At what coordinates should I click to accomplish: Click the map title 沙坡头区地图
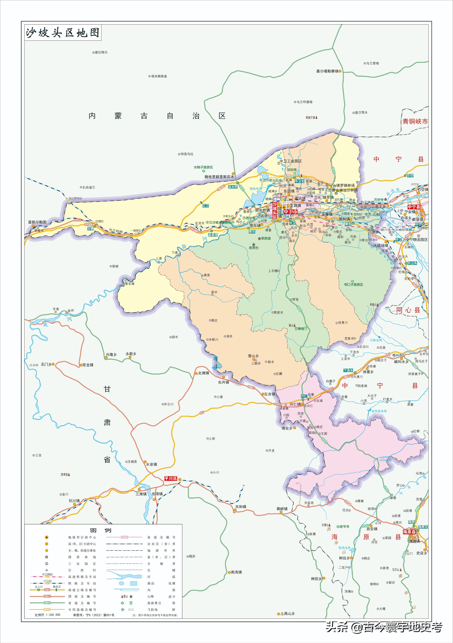coord(63,33)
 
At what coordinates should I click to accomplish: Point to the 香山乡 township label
coord(253,356)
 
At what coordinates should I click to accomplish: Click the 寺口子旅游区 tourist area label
coord(353,284)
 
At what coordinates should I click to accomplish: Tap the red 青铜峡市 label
coord(415,121)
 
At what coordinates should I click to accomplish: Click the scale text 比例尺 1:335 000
coord(47,615)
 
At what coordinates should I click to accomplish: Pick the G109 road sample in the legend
coord(47,596)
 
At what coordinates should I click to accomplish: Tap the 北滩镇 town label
coord(203,373)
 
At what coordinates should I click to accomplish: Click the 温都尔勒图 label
coord(37,222)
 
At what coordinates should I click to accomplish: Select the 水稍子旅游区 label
coord(203,167)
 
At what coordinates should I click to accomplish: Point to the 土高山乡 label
coord(287,614)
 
